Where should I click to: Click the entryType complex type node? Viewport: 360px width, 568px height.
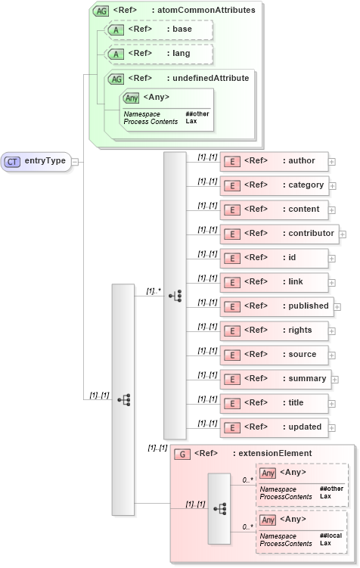pos(36,161)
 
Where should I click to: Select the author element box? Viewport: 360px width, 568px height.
pos(273,161)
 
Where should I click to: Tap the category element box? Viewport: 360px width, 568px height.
pos(273,185)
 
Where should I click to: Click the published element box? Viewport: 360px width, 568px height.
pos(276,306)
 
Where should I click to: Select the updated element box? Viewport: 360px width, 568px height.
pos(273,427)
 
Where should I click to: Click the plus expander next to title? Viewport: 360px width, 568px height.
pos(332,404)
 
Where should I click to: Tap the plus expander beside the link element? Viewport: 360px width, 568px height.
pos(332,283)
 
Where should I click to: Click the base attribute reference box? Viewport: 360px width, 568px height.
pos(159,29)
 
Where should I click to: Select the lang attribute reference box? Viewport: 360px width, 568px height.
pos(159,54)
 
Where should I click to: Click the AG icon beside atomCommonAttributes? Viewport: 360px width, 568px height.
pos(101,11)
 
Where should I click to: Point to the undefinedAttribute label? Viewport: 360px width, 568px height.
pos(208,78)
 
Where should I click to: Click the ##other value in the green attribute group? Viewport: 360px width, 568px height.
pos(197,114)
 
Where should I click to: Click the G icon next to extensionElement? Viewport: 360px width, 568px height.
pos(182,454)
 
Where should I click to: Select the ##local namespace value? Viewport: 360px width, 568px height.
pos(331,535)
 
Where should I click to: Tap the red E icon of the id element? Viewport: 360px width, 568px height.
pos(233,258)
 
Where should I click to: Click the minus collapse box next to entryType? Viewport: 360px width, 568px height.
pos(75,161)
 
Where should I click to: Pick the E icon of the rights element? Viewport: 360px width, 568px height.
pos(233,331)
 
